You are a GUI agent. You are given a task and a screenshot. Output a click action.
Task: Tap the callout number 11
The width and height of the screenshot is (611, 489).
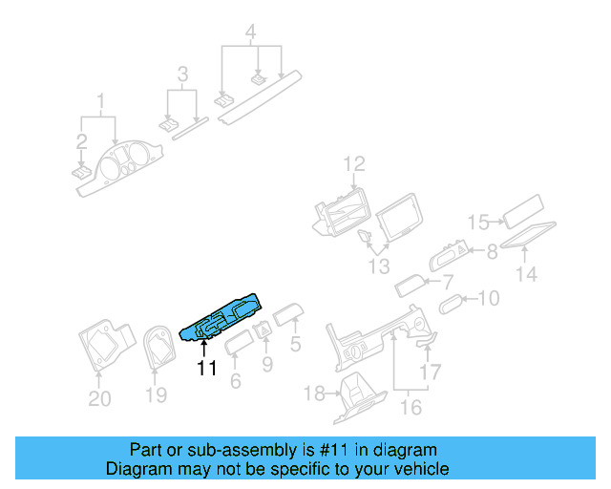point(206,367)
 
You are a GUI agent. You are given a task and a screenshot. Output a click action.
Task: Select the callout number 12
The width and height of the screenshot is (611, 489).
point(354,164)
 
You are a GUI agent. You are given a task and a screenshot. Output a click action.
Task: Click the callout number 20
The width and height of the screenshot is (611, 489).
point(99,398)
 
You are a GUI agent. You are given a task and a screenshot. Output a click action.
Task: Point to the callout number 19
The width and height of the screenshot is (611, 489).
point(156,394)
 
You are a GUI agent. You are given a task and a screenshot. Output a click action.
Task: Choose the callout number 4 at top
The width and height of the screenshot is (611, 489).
point(250,32)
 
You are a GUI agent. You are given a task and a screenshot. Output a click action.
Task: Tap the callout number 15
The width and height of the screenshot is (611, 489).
point(478,223)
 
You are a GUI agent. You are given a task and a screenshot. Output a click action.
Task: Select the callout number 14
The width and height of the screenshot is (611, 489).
point(527,274)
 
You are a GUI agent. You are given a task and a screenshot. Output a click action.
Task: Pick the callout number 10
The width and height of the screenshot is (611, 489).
point(488,299)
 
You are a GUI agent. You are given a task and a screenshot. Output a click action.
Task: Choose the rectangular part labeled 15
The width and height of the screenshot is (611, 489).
point(523,210)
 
